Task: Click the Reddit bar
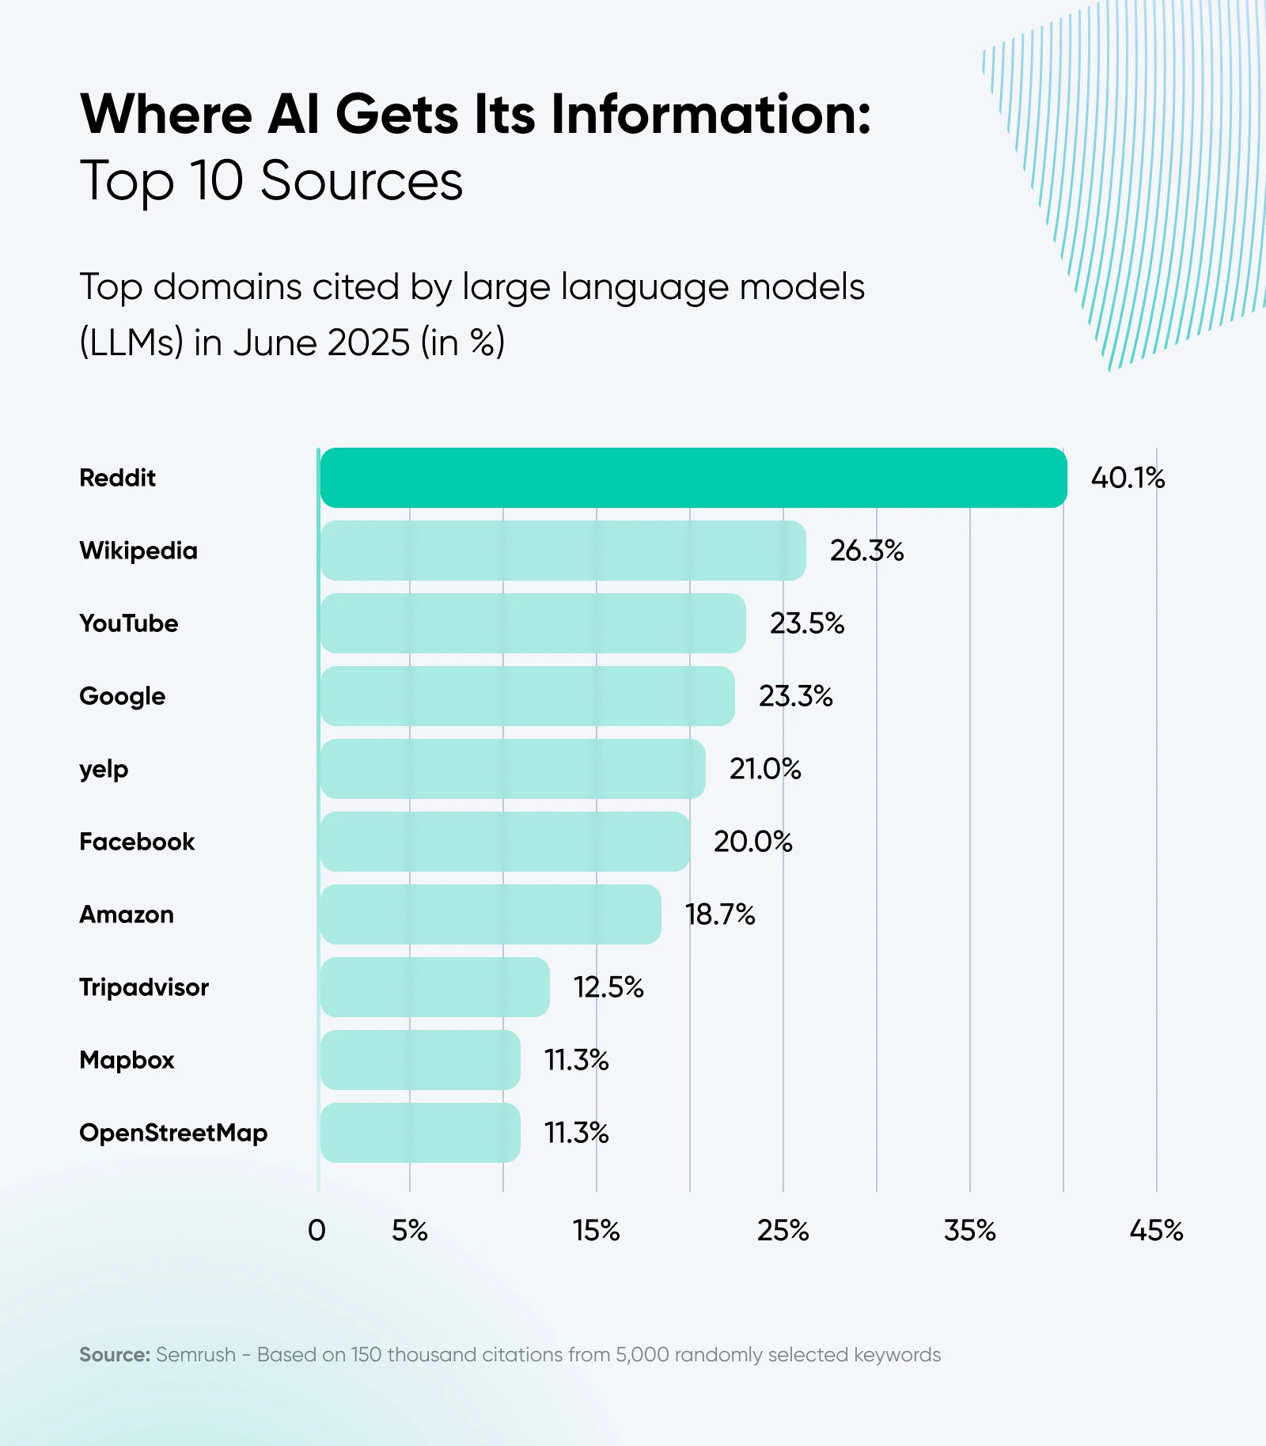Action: (x=693, y=478)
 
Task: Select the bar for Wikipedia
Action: (x=563, y=551)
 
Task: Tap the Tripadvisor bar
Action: (x=434, y=987)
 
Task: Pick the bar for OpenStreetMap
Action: (x=420, y=1133)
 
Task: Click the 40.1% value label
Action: (x=1128, y=478)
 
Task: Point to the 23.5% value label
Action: (x=807, y=623)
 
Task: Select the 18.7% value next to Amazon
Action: (x=720, y=914)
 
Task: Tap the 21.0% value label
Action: (x=765, y=769)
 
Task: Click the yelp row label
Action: (x=104, y=769)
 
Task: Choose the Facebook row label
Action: (x=137, y=842)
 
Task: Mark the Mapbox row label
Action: (x=127, y=1060)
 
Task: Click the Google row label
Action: (x=123, y=696)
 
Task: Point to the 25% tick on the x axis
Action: (x=783, y=1231)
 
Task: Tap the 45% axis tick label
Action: (x=1156, y=1231)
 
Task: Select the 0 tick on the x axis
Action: (x=316, y=1231)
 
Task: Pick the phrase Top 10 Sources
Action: (x=271, y=181)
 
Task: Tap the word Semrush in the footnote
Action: (x=195, y=1355)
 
